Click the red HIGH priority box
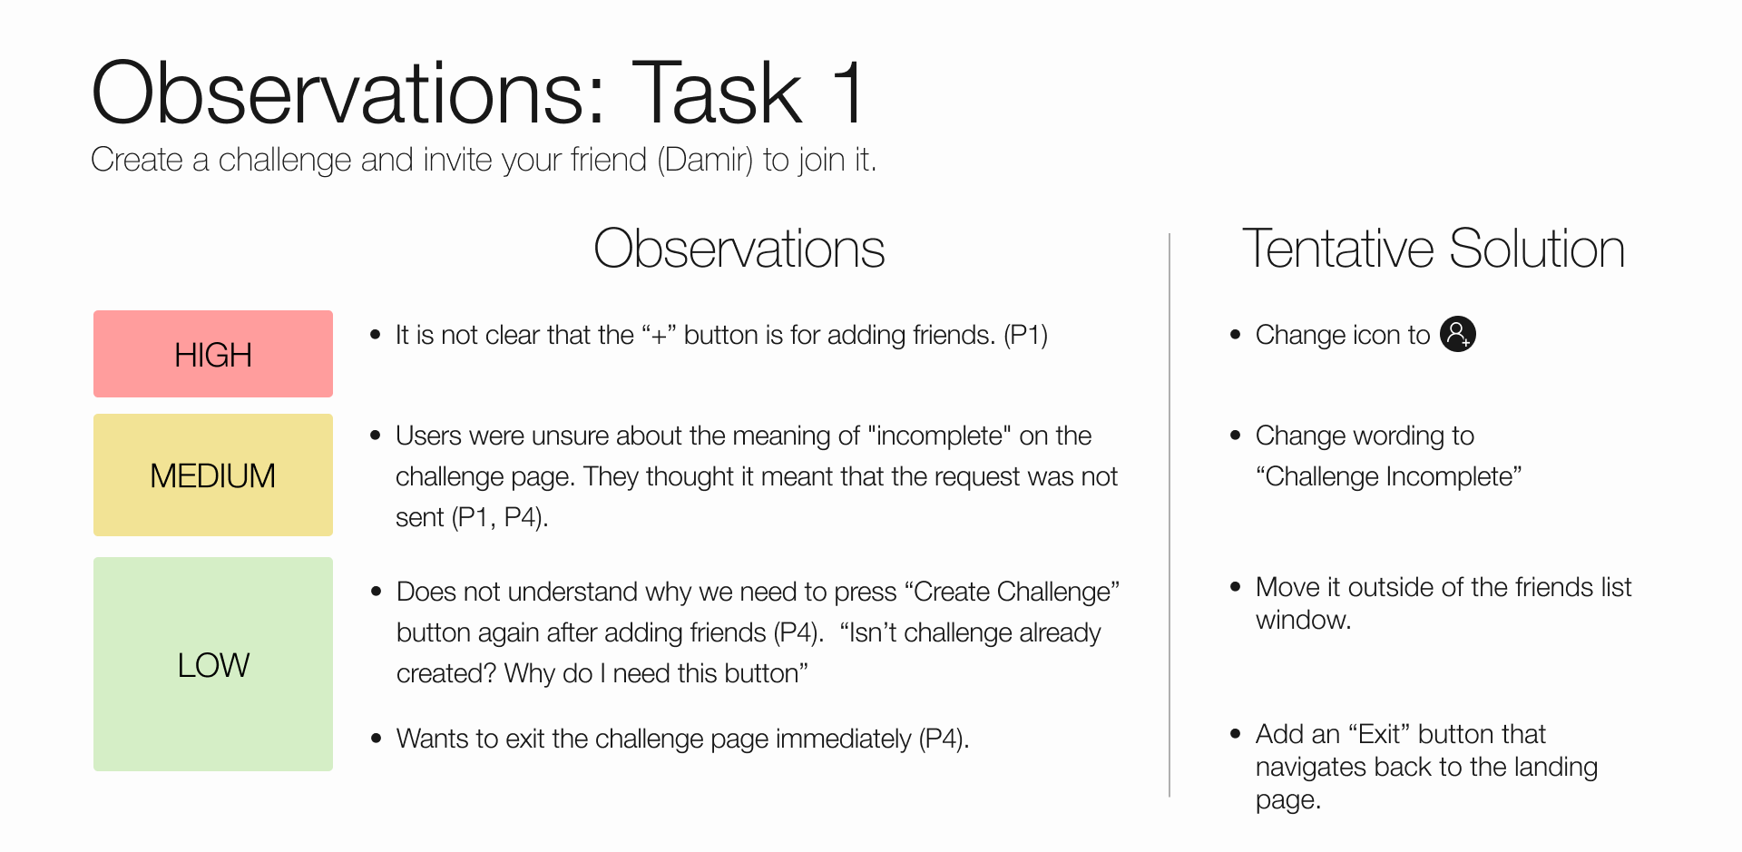[213, 354]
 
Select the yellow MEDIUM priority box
[213, 475]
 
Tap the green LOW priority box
[213, 664]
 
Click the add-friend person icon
[1458, 334]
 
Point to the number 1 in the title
[847, 93]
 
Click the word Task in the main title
[717, 93]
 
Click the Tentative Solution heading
[1433, 249]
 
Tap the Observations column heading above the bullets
[739, 249]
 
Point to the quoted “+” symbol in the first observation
[659, 336]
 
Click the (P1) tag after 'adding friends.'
[1025, 336]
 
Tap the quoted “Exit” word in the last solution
[1378, 734]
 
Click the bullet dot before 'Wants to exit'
[376, 739]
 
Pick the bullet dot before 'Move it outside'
[1235, 587]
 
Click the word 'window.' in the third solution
[1303, 621]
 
